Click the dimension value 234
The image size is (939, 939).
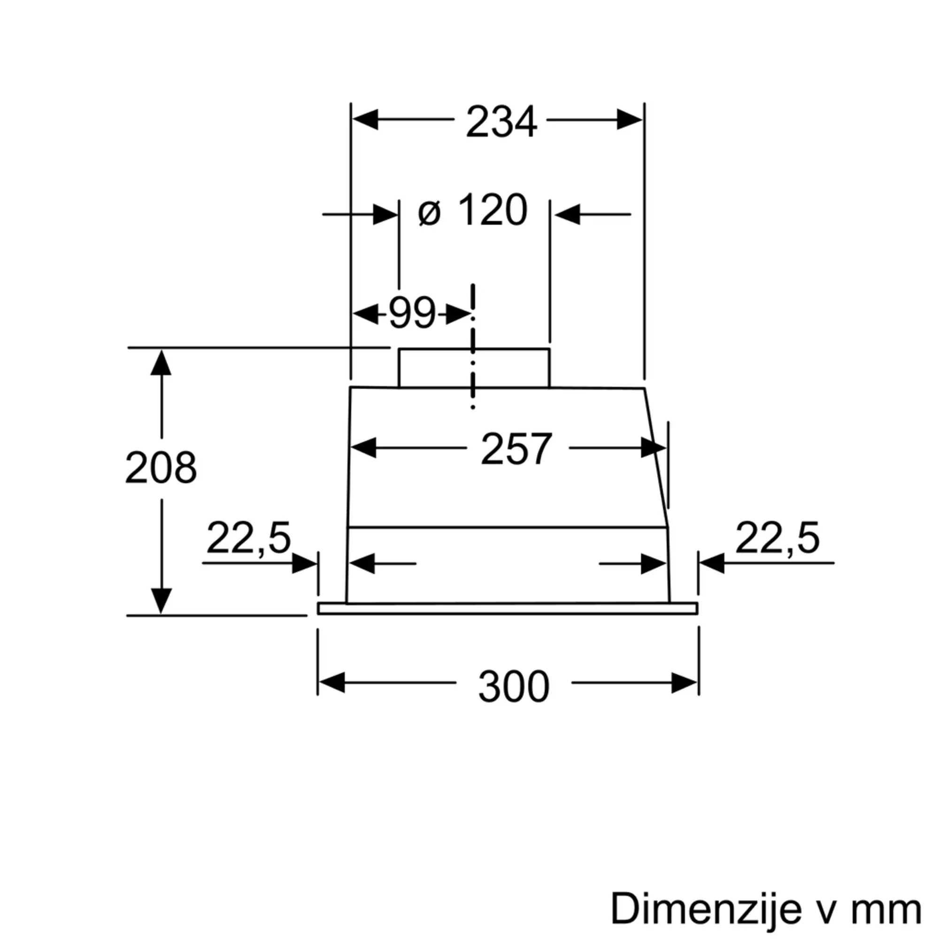[501, 121]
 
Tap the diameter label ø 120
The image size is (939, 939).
[472, 210]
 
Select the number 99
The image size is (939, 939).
[412, 313]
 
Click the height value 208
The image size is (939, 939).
[161, 467]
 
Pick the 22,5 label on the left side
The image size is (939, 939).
[248, 538]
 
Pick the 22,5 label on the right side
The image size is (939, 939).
[777, 538]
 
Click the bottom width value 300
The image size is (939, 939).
[514, 686]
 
